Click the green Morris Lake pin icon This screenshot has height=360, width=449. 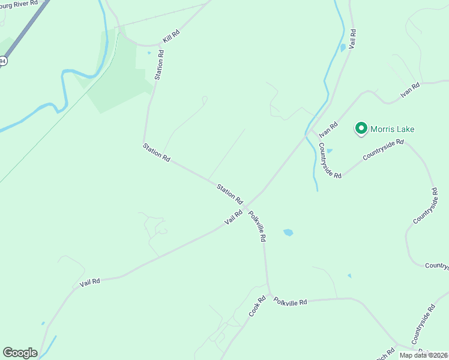pos(361,128)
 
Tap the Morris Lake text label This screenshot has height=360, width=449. pos(392,129)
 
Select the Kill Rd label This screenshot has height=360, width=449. pos(171,37)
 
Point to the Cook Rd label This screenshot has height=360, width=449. pos(257,307)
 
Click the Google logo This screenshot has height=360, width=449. pos(20,353)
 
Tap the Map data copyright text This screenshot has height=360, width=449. pos(424,355)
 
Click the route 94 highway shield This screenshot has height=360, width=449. pos(3,61)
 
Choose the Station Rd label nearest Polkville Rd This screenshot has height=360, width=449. pos(229,193)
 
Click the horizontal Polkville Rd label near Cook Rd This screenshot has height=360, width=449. pos(290,301)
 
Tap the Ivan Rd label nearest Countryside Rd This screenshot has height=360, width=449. pos(329,128)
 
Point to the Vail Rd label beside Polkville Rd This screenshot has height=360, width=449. pos(234,217)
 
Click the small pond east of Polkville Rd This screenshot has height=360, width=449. pos(288,232)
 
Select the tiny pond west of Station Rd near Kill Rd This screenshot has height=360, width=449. pos(149,53)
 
